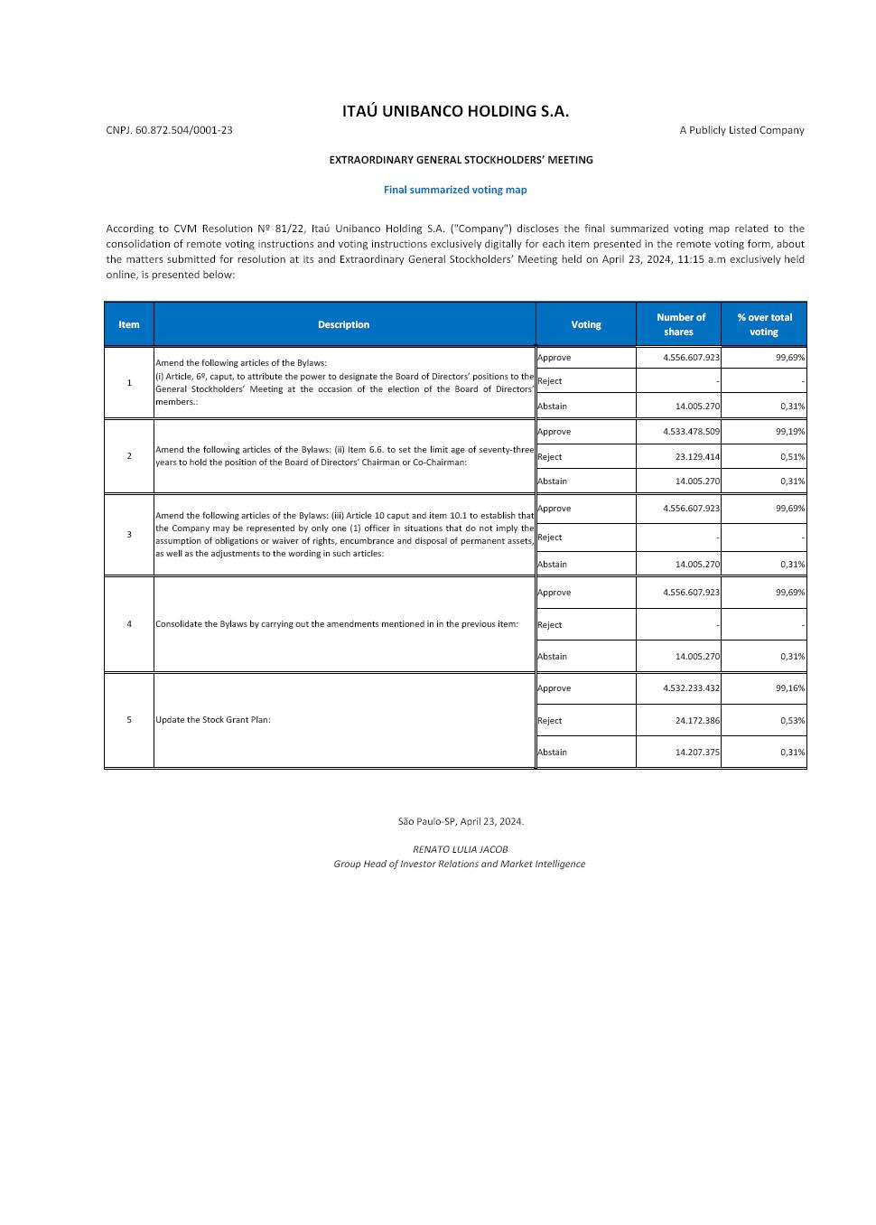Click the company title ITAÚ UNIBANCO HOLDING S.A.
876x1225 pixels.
point(455,111)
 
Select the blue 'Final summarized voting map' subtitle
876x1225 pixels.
point(455,190)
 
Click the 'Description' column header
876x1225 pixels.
point(343,324)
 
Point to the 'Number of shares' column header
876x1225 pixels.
point(679,324)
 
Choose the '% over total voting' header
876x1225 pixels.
point(764,324)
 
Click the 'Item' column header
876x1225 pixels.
point(129,324)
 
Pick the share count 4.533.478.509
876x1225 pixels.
point(691,432)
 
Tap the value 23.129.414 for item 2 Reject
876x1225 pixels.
point(697,457)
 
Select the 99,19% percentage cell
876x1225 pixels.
point(790,432)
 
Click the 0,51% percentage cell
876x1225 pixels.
point(792,457)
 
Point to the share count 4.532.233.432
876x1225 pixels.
point(691,688)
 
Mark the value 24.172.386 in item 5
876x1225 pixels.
point(697,721)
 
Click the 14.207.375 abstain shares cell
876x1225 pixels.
point(697,753)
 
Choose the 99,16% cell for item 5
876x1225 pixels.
point(790,688)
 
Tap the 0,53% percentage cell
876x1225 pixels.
point(792,721)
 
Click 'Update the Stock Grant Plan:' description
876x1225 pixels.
point(213,720)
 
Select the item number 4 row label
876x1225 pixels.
point(129,624)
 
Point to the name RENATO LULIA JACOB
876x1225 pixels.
point(460,849)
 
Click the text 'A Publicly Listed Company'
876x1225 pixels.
point(741,130)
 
